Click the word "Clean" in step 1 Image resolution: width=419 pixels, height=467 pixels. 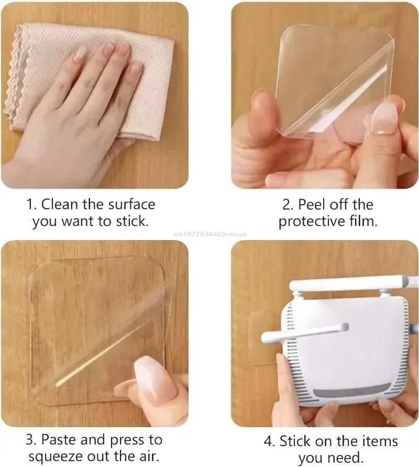(62, 204)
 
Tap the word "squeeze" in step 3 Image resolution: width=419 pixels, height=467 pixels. (54, 457)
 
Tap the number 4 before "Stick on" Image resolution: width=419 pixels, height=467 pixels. (269, 441)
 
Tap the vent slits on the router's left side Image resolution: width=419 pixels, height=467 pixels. (287, 356)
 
